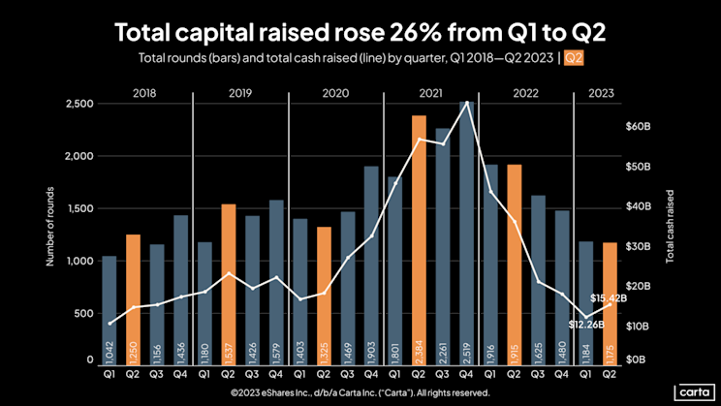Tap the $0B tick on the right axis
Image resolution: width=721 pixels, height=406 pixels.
click(x=636, y=359)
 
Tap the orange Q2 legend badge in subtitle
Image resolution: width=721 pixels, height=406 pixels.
click(x=574, y=58)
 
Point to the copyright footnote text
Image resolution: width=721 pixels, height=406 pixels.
click(x=360, y=393)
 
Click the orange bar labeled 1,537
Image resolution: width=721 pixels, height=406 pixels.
click(x=228, y=282)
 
